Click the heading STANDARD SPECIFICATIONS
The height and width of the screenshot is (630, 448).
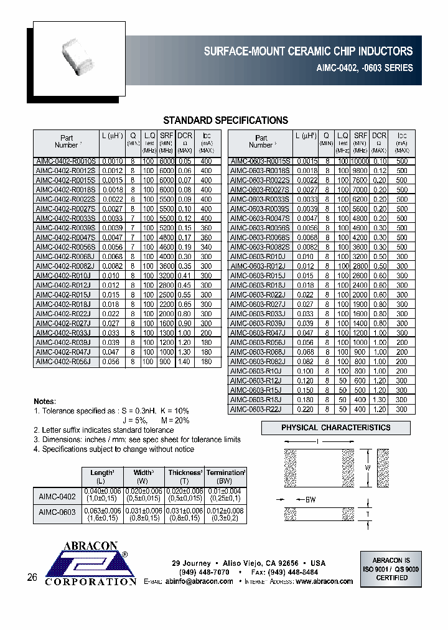click(225, 120)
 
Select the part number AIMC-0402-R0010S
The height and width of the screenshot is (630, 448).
click(66, 160)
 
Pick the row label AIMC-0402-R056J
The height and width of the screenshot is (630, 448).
click(66, 361)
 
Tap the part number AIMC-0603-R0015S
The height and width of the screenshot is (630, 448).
click(260, 160)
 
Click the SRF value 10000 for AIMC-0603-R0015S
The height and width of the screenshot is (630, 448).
click(360, 160)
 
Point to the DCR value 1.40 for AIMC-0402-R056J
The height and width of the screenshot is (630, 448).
click(185, 361)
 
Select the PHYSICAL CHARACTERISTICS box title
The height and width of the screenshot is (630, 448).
click(336, 428)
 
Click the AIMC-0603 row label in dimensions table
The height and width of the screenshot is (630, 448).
click(57, 512)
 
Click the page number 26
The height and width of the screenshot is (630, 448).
click(32, 578)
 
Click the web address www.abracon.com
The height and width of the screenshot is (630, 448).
click(324, 581)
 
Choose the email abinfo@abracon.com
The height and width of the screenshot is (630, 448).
click(199, 581)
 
